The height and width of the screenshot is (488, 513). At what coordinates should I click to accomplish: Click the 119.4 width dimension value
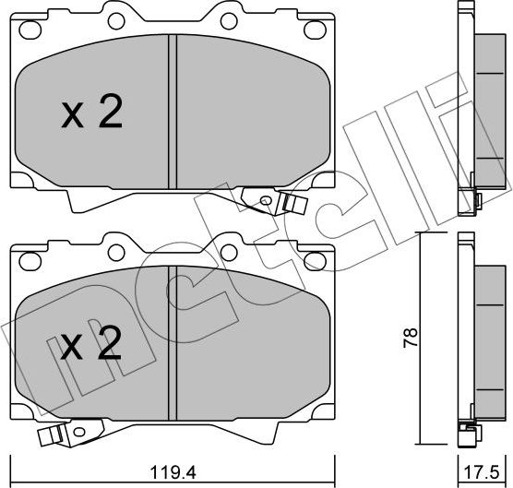coord(173,472)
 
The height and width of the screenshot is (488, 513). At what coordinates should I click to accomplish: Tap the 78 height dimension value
coord(411,338)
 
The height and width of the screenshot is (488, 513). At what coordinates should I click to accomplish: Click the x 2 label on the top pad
coord(92,112)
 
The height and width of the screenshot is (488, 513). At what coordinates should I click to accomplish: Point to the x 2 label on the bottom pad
coord(91,343)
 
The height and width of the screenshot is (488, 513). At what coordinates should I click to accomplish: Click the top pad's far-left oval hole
coord(30,30)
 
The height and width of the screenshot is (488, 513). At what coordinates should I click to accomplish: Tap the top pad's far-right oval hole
coord(316,30)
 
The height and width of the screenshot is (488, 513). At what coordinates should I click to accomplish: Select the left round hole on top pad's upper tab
coord(116,21)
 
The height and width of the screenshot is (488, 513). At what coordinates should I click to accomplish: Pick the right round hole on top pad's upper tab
coord(229,21)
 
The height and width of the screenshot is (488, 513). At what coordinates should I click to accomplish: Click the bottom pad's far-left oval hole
coord(30,261)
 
